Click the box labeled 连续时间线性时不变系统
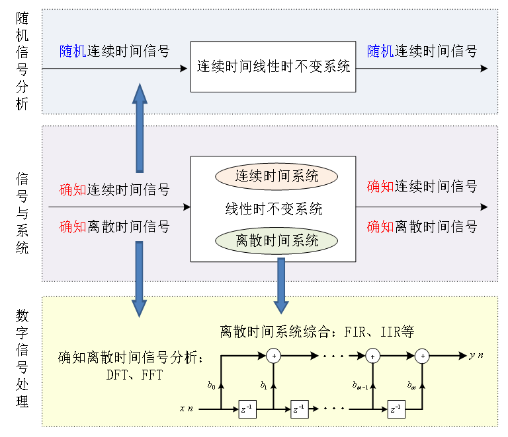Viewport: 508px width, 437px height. pyautogui.click(x=273, y=67)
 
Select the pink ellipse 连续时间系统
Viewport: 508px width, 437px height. pyautogui.click(x=276, y=176)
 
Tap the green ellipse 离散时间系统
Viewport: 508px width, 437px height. pyautogui.click(x=276, y=240)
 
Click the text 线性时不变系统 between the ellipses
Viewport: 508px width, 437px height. pyautogui.click(x=273, y=209)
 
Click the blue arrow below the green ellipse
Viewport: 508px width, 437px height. pyautogui.click(x=281, y=285)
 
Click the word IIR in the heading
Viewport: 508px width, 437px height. pyautogui.click(x=385, y=331)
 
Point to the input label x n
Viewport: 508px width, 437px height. pyautogui.click(x=187, y=409)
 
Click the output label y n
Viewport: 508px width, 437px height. pyautogui.click(x=476, y=355)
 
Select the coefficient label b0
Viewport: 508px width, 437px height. pyautogui.click(x=211, y=385)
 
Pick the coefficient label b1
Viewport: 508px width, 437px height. pyautogui.click(x=263, y=385)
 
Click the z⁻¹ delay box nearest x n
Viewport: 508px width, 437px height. pyautogui.click(x=247, y=409)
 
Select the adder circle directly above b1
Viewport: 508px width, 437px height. pyautogui.click(x=273, y=356)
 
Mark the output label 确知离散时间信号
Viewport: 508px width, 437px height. pyautogui.click(x=422, y=226)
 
